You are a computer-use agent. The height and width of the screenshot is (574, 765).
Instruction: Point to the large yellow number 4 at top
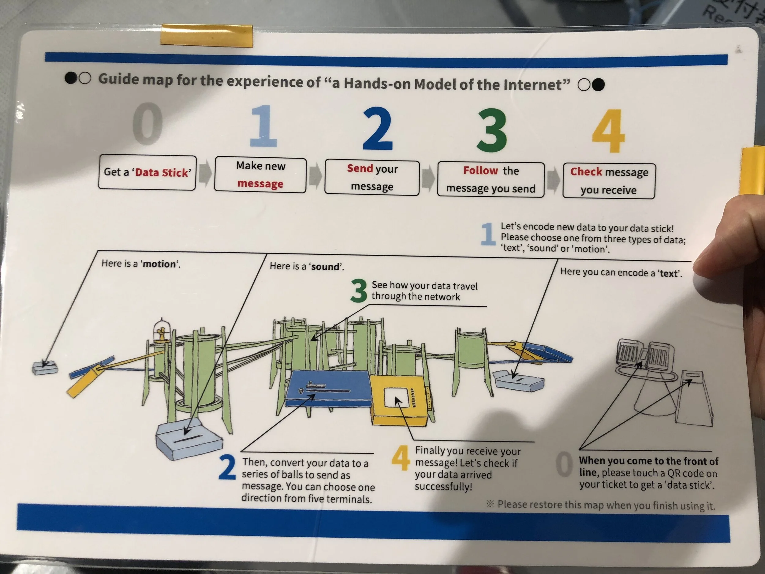click(x=608, y=131)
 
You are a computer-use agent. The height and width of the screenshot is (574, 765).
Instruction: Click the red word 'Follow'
click(x=480, y=170)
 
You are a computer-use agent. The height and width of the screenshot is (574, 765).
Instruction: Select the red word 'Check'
click(x=586, y=172)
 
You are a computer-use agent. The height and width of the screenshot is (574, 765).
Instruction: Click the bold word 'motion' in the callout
click(x=159, y=264)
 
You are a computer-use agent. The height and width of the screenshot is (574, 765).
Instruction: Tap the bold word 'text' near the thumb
click(x=668, y=274)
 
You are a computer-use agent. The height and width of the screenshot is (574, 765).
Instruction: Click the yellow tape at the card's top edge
click(x=207, y=35)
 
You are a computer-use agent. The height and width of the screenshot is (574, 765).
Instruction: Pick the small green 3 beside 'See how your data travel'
click(x=358, y=291)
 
